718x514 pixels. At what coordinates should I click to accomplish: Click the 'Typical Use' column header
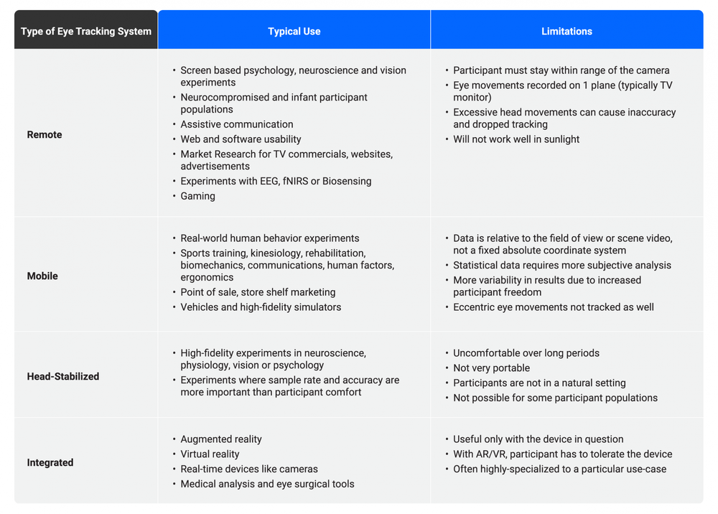click(x=294, y=32)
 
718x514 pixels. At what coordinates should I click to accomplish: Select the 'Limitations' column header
click(x=567, y=32)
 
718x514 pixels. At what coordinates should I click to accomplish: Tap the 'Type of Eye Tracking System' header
click(x=86, y=32)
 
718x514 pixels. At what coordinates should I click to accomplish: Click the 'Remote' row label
click(x=45, y=135)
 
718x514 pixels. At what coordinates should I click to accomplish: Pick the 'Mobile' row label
click(x=42, y=276)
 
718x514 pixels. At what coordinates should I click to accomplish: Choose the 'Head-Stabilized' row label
click(x=63, y=377)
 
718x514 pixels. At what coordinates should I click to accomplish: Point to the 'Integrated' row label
click(x=50, y=463)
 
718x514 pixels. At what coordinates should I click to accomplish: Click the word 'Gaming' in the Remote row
click(x=197, y=196)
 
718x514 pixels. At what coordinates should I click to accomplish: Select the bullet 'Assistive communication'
click(x=236, y=125)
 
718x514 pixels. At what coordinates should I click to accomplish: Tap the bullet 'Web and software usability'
click(x=241, y=139)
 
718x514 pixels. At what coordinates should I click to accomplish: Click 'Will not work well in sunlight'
click(x=516, y=139)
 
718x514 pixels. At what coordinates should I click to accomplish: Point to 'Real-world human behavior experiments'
click(x=269, y=238)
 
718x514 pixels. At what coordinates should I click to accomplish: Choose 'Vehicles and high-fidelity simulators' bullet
click(x=261, y=307)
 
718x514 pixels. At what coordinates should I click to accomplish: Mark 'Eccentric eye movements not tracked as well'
click(x=553, y=307)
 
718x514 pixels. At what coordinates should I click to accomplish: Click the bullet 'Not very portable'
click(x=491, y=368)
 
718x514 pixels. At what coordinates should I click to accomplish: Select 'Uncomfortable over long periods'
click(x=526, y=353)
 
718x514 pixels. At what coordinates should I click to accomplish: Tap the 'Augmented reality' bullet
click(x=221, y=439)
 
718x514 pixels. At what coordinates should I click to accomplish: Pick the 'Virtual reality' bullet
click(x=210, y=454)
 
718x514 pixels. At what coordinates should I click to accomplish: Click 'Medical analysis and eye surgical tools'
click(x=267, y=485)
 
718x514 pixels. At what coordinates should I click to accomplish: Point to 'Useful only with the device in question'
click(x=538, y=439)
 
